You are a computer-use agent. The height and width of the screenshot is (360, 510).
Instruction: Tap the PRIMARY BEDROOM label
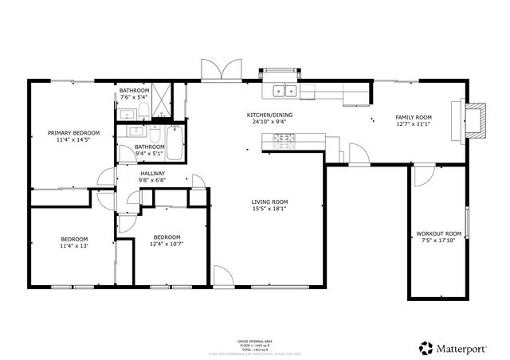pyautogui.click(x=73, y=133)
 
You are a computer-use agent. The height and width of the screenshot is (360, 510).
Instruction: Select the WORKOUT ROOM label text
pyautogui.click(x=439, y=234)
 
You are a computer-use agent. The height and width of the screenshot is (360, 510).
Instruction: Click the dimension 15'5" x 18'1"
pyautogui.click(x=270, y=210)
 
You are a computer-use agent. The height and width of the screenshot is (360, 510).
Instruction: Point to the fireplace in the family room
pyautogui.click(x=473, y=119)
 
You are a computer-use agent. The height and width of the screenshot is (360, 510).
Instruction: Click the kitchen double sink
pyautogui.click(x=284, y=90)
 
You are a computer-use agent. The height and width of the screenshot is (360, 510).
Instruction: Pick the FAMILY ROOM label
pyautogui.click(x=413, y=118)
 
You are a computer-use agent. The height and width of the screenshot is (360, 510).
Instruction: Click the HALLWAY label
pyautogui.click(x=153, y=173)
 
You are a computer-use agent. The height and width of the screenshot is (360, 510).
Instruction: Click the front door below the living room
pyautogui.click(x=223, y=278)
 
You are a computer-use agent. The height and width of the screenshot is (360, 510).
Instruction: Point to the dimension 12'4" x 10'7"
pyautogui.click(x=167, y=245)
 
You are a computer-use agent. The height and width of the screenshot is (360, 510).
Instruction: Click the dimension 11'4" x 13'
pyautogui.click(x=74, y=246)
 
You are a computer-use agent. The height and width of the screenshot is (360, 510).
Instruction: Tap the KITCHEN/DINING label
pyautogui.click(x=268, y=115)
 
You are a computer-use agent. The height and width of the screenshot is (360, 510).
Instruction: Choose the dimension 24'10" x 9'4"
pyautogui.click(x=268, y=123)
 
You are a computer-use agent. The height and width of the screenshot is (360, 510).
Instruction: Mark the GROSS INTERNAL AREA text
pyautogui.click(x=254, y=339)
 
